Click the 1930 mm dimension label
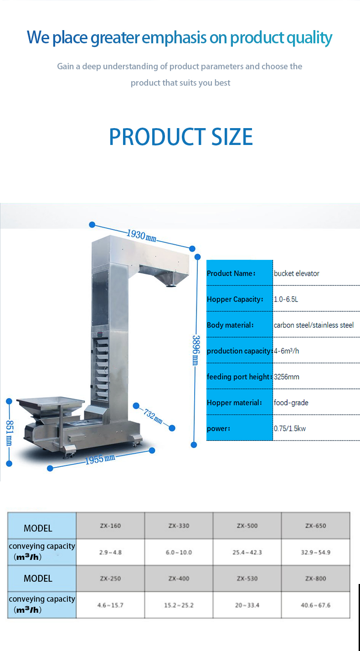point(142,236)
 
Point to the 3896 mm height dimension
point(196,350)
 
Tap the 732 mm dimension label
point(153,416)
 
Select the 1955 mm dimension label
point(100,459)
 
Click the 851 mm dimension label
point(10,433)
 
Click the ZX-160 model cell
point(110,526)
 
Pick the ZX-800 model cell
point(315,579)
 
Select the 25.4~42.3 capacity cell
point(247,552)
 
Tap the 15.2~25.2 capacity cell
point(179,605)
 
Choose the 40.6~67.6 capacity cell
point(315,605)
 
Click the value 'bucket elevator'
point(296,273)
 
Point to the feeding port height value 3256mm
point(286,377)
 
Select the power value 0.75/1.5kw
point(290,429)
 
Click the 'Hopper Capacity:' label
point(235,300)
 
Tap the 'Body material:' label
point(230,325)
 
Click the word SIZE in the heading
point(232,137)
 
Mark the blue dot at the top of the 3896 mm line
point(198,257)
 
